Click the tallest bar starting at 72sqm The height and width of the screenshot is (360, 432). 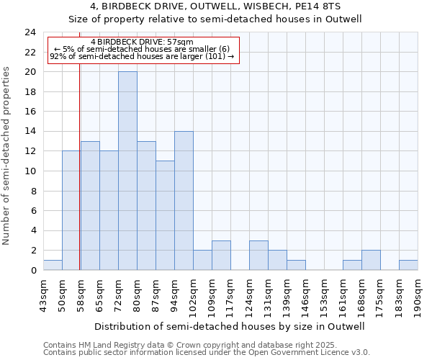[x=127, y=171]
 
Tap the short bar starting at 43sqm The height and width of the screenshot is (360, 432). [x=53, y=265]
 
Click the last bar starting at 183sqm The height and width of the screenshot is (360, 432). [x=408, y=265]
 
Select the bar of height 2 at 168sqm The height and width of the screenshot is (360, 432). [x=371, y=260]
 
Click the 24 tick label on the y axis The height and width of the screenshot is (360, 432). [x=30, y=32]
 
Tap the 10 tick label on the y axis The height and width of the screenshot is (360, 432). [x=30, y=171]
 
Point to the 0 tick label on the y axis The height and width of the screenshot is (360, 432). [x=32, y=271]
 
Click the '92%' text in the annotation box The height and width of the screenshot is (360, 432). [x=58, y=56]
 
